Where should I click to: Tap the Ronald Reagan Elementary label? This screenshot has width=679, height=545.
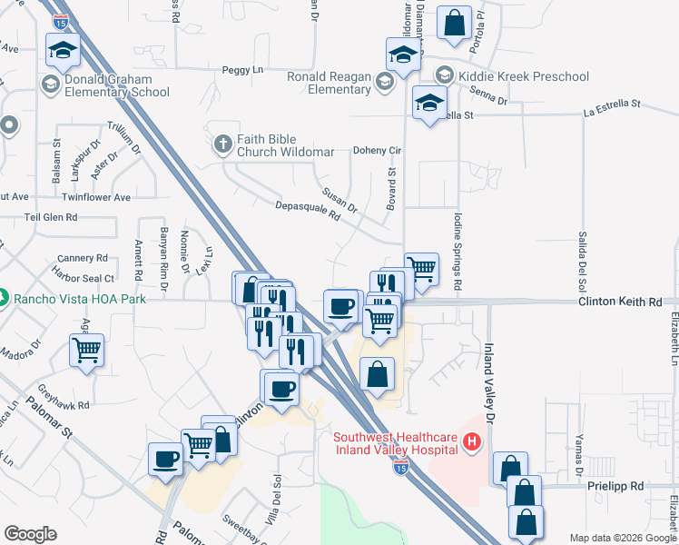click(x=329, y=83)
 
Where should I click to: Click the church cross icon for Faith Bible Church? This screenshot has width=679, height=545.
click(x=223, y=144)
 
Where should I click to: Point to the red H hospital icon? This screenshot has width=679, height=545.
click(x=471, y=442)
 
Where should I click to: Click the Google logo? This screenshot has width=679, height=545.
click(x=30, y=533)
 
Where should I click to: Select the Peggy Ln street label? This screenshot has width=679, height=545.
click(x=241, y=70)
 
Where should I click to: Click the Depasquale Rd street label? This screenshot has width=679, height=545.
click(x=307, y=211)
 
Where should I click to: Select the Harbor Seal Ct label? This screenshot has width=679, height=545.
click(x=84, y=278)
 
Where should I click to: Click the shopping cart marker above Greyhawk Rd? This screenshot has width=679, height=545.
click(x=87, y=350)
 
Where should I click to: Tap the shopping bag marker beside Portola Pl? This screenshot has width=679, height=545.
click(x=454, y=24)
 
